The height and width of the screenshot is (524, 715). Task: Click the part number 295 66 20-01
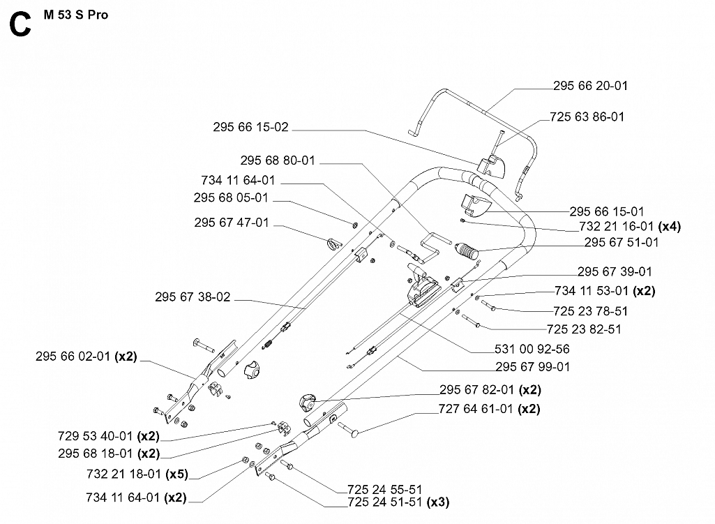[590, 86]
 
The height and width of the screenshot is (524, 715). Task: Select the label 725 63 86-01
[587, 117]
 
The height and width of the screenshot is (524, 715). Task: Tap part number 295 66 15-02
[250, 127]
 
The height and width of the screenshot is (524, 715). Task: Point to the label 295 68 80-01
[278, 160]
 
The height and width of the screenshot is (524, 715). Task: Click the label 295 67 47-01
[231, 223]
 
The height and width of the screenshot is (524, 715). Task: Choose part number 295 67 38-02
[193, 297]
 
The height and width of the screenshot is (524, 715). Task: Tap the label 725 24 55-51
[384, 490]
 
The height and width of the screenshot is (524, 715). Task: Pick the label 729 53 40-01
[96, 436]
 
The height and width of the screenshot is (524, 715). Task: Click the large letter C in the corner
[20, 26]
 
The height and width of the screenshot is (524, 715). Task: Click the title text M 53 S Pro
[75, 15]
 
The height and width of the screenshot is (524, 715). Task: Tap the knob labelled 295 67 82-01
[308, 403]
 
